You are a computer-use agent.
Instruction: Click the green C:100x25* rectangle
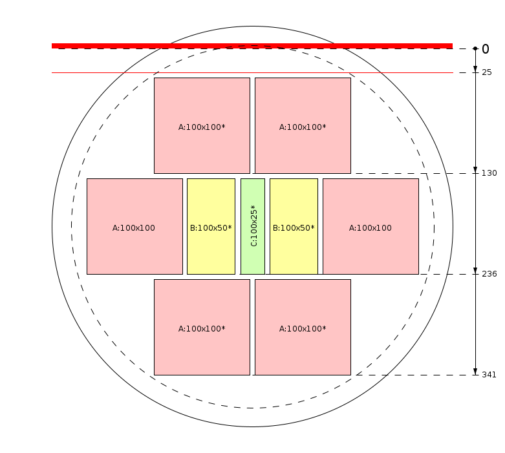[x=253, y=226]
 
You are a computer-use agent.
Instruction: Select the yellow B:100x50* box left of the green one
[x=211, y=226]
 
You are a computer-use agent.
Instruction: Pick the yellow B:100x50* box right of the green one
[x=294, y=226]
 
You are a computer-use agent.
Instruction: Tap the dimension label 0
[x=486, y=49]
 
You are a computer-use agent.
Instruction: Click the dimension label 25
[x=487, y=72]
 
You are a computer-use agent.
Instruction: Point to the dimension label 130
[x=489, y=173]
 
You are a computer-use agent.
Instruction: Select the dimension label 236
[x=489, y=274]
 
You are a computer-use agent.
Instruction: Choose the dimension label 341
[x=489, y=375]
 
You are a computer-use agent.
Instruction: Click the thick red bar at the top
[x=252, y=46]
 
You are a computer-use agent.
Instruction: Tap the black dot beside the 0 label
[x=475, y=48]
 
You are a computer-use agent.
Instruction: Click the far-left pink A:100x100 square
[x=134, y=226]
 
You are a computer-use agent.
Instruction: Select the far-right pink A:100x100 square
[x=371, y=226]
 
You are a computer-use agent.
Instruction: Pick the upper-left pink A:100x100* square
[x=202, y=125]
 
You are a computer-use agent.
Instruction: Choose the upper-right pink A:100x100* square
[x=303, y=125]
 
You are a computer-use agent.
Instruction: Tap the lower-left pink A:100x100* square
[x=202, y=327]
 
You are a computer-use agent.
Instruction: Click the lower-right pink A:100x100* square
[x=303, y=327]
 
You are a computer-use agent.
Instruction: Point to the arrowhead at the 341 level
[x=475, y=372]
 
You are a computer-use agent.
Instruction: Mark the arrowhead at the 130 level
[x=475, y=170]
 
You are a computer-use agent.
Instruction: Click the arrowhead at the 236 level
[x=475, y=271]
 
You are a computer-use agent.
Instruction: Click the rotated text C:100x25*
[x=253, y=226]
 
